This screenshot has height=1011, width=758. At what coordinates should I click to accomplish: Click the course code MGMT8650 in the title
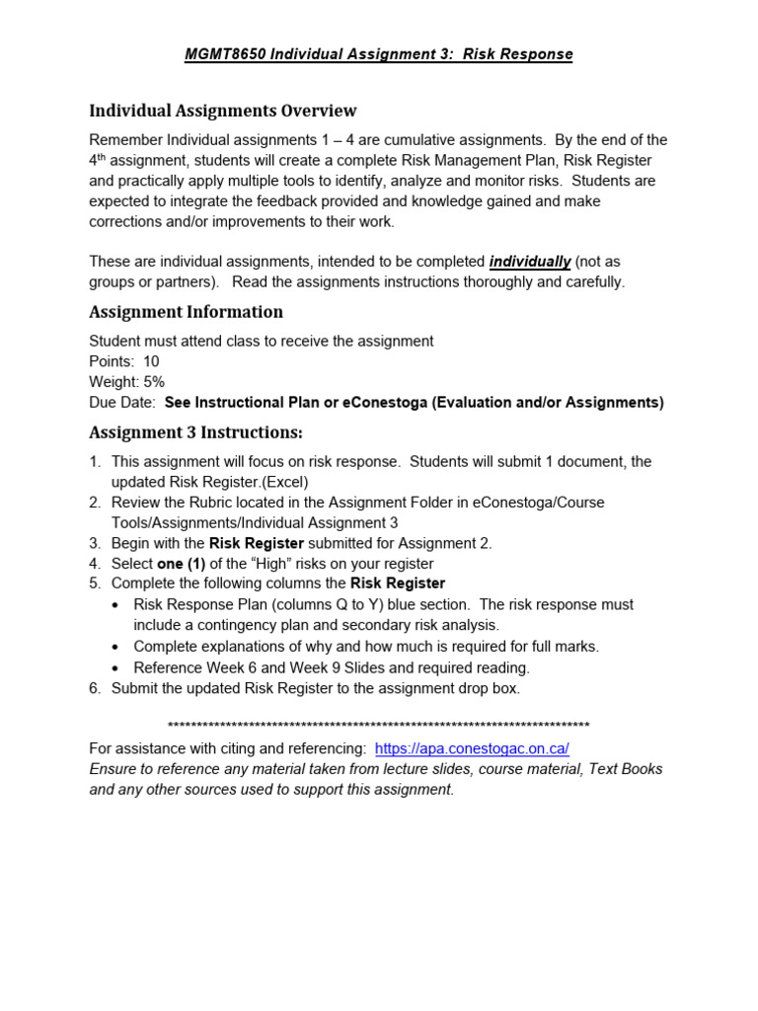[x=224, y=54]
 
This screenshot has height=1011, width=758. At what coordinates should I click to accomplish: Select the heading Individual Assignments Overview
[x=223, y=111]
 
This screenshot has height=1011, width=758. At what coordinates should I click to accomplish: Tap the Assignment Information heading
[x=186, y=312]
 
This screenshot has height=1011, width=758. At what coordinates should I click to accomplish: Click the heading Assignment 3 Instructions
[x=195, y=432]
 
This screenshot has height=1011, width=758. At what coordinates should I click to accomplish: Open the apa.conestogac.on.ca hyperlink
[x=472, y=748]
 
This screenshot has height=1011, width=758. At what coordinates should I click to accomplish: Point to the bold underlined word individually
[x=530, y=262]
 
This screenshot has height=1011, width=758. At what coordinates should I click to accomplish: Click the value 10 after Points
[x=151, y=361]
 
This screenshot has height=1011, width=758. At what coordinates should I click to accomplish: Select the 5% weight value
[x=153, y=382]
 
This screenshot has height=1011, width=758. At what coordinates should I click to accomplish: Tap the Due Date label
[x=122, y=403]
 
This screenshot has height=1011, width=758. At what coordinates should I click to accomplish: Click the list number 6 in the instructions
[x=95, y=688]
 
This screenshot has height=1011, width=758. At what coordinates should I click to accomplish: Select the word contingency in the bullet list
[x=236, y=625]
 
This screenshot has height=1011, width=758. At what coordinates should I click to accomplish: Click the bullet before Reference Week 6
[x=116, y=667]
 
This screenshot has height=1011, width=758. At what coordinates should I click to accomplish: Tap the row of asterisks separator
[x=379, y=724]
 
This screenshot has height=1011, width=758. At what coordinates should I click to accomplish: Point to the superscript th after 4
[x=103, y=157]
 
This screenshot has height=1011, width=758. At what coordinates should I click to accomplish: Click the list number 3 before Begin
[x=95, y=543]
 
